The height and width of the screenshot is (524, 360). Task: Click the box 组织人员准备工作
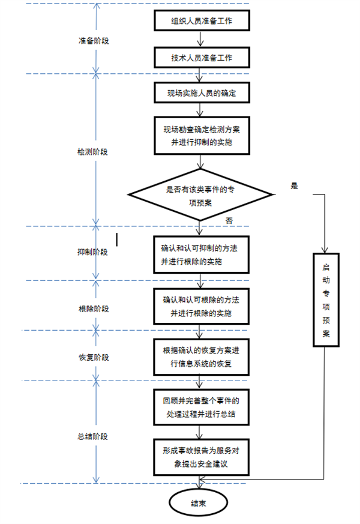click(201, 22)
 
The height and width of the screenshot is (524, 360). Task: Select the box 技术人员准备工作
click(201, 58)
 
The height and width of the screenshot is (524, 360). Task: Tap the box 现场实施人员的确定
click(201, 94)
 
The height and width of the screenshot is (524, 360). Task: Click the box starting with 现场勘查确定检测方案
click(201, 135)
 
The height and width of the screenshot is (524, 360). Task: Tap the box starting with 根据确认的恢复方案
click(201, 357)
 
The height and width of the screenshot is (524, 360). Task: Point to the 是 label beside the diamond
click(294, 186)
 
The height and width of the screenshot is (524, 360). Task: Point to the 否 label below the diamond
click(229, 220)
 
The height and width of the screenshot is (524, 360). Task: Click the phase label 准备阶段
click(94, 41)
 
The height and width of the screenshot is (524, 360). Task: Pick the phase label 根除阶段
click(94, 309)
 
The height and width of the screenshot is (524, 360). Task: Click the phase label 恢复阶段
click(94, 357)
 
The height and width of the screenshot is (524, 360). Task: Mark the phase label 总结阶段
click(94, 436)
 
